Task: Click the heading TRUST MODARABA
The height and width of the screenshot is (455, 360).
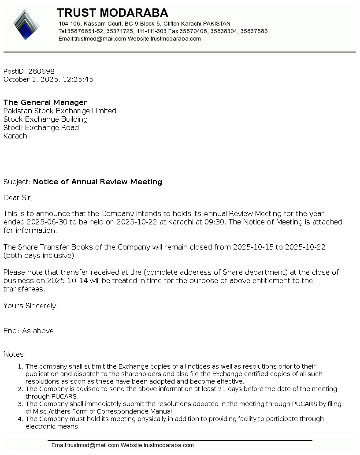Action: point(112,13)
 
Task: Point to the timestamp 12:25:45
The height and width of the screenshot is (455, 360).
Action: point(78,79)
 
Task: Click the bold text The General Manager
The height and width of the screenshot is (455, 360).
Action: point(45,103)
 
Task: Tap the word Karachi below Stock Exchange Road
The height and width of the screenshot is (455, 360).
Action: point(16,136)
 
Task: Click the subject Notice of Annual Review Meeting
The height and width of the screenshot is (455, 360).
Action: point(97,182)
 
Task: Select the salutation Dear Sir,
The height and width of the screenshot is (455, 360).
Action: point(18,198)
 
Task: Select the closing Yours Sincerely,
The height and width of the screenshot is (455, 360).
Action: point(30,306)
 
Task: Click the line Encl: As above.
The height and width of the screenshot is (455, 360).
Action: point(30,331)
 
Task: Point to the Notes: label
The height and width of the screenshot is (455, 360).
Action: point(15,354)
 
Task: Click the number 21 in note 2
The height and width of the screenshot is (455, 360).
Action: point(257,389)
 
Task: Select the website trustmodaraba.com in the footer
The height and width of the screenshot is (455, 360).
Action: point(168,445)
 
